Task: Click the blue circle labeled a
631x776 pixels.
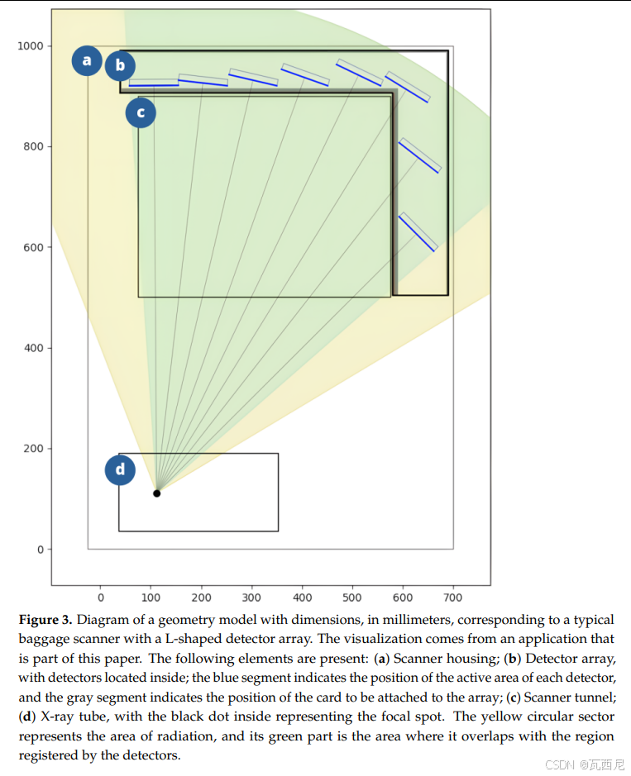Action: [x=87, y=60]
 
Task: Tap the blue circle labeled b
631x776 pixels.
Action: [x=120, y=65]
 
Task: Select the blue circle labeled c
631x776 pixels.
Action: [x=141, y=112]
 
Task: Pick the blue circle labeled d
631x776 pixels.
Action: [x=120, y=470]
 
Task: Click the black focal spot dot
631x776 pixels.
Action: [x=156, y=493]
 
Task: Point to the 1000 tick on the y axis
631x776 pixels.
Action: [x=31, y=45]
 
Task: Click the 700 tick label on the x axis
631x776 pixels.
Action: [x=453, y=597]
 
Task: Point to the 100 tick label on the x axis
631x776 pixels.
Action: [x=151, y=597]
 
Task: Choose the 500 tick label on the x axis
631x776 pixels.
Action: [x=352, y=597]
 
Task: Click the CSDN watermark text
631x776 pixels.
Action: [x=560, y=764]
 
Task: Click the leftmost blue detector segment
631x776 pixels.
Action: [x=154, y=84]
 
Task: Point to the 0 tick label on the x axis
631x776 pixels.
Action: [x=101, y=597]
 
